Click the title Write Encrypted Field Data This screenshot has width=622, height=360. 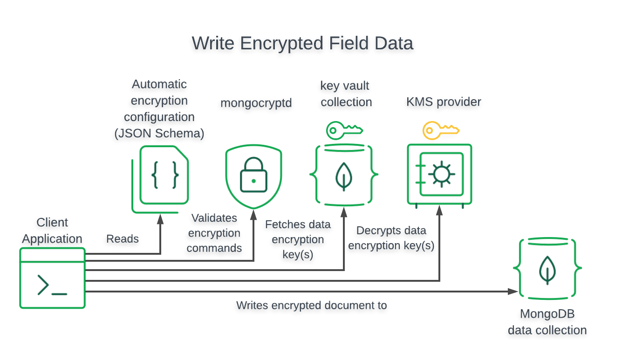[302, 43]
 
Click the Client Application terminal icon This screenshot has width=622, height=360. [52, 278]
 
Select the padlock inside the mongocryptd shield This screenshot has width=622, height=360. [253, 176]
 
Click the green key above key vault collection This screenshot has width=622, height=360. [344, 130]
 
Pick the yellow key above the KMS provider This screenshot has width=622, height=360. [440, 130]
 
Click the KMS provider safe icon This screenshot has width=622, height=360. [439, 175]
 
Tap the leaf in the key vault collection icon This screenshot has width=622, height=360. [344, 176]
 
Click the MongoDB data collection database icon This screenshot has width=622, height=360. [547, 269]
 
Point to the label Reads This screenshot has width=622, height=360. [123, 239]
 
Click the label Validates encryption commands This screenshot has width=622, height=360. [214, 233]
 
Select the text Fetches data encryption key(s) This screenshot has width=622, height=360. [298, 239]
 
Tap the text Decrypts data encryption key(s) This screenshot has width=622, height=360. [391, 238]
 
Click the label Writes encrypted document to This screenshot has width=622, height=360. [312, 306]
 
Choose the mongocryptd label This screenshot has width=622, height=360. [256, 103]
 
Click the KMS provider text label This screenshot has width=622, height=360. [444, 102]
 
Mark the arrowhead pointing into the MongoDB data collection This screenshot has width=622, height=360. [514, 292]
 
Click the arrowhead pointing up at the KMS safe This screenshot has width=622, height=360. [439, 211]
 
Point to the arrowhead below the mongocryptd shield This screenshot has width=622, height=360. [254, 214]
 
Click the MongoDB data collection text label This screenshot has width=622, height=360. [547, 322]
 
